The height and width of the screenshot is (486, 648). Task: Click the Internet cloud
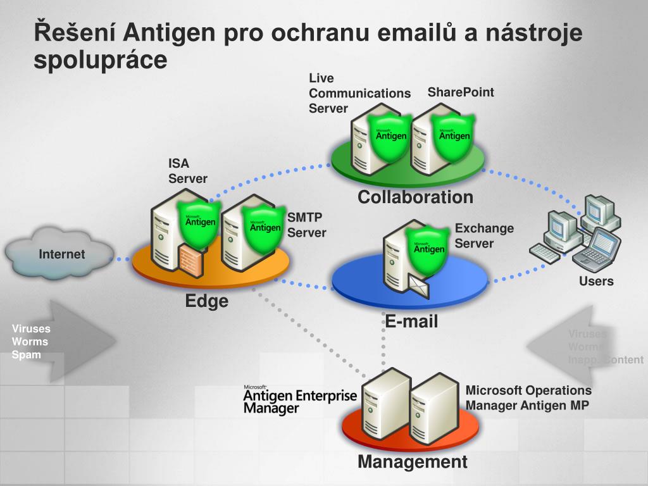tap(61, 254)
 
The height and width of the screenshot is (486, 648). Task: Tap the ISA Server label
tap(187, 171)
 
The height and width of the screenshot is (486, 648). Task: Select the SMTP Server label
tap(307, 225)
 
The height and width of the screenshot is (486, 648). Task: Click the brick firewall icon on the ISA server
tap(190, 260)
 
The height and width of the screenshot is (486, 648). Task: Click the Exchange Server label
tap(484, 235)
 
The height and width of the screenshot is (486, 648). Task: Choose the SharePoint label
tap(461, 92)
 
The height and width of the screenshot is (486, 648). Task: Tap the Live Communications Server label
tap(359, 93)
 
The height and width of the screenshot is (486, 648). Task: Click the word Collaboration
tap(415, 197)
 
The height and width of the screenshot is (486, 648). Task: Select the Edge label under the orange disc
tap(207, 301)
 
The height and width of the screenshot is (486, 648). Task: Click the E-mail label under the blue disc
tap(412, 321)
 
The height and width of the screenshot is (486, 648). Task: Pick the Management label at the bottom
tap(413, 461)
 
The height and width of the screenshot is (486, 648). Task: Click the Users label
tap(596, 281)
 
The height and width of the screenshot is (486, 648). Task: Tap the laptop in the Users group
tap(595, 248)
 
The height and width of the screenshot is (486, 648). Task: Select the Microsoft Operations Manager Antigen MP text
tap(528, 398)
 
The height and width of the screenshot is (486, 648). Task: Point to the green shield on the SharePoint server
tap(454, 135)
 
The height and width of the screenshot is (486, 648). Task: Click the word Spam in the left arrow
tap(26, 355)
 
